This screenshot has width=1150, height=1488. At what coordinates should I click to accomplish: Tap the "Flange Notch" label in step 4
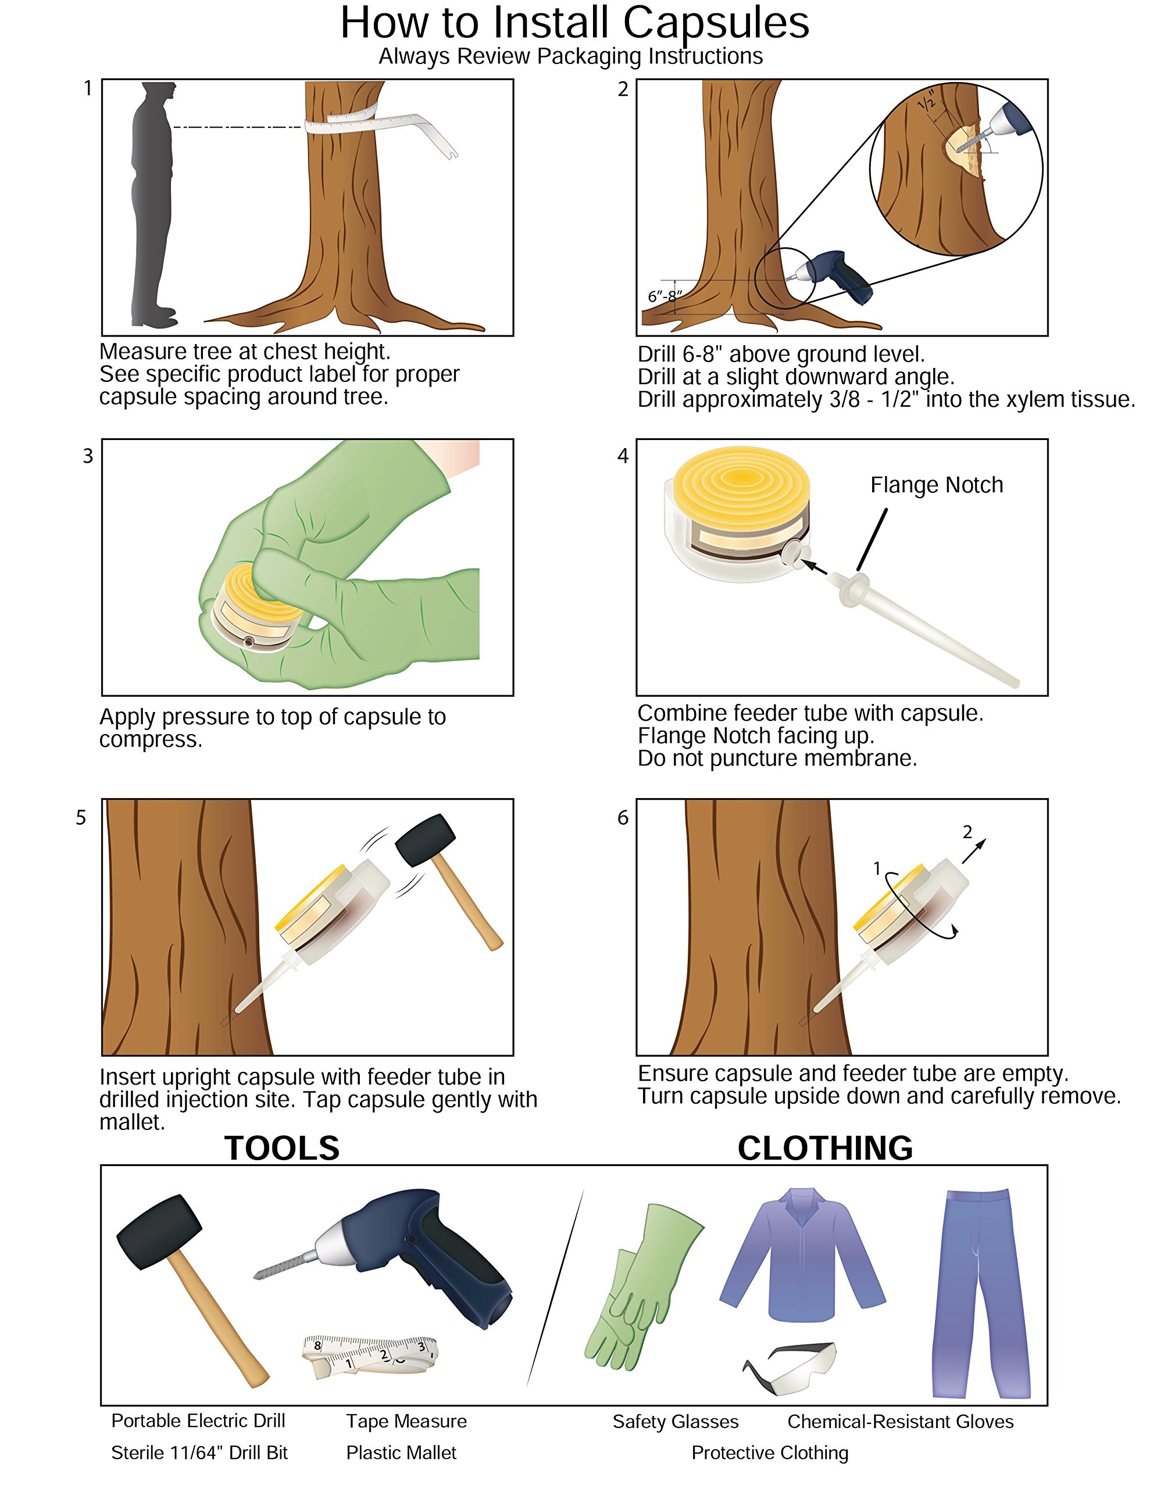pyautogui.click(x=936, y=485)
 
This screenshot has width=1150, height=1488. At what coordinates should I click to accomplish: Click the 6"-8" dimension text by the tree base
pyautogui.click(x=664, y=296)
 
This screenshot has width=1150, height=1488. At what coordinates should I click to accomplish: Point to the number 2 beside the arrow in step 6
pyautogui.click(x=967, y=831)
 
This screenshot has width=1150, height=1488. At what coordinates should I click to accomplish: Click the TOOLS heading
pyautogui.click(x=281, y=1148)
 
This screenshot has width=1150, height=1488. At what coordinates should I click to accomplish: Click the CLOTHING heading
pyautogui.click(x=825, y=1148)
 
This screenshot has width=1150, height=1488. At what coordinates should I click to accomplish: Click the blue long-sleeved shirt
pyautogui.click(x=803, y=1254)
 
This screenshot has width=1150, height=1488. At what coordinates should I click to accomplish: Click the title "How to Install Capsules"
pyautogui.click(x=574, y=23)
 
